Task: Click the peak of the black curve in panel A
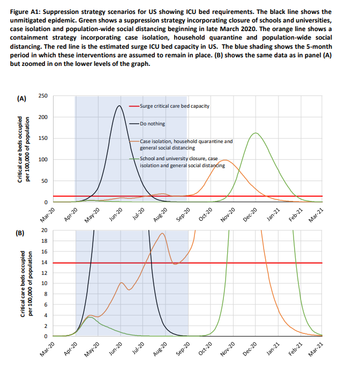point(118,106)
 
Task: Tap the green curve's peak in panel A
point(256,133)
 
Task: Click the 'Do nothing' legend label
point(153,123)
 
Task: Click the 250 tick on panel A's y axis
point(43,96)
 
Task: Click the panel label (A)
point(21,98)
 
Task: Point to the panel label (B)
point(21,234)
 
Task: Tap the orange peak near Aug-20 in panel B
point(162,234)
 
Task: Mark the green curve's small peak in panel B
point(91,317)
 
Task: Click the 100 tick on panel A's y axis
point(43,160)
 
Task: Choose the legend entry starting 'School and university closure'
point(179,162)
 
